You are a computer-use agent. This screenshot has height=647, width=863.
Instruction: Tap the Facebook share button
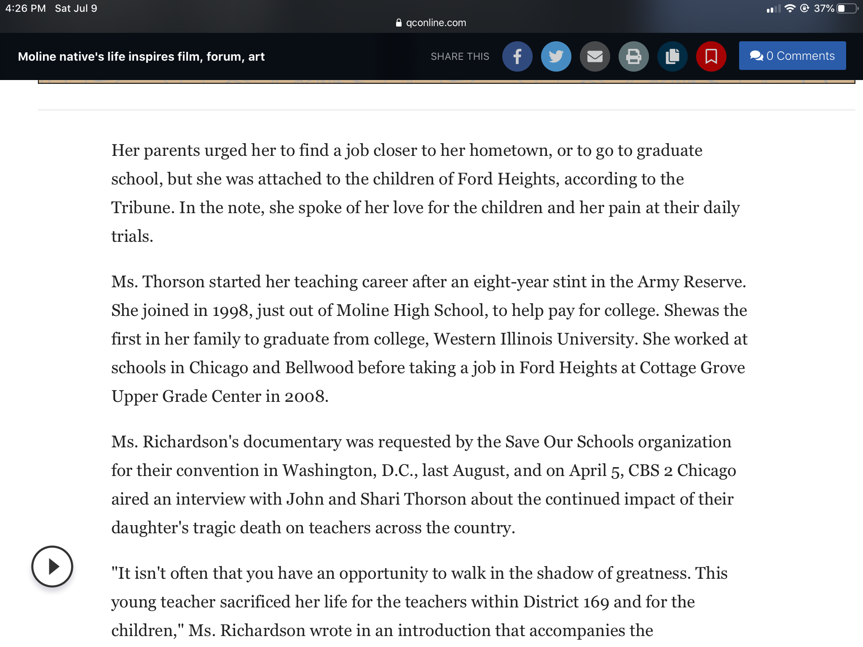(517, 56)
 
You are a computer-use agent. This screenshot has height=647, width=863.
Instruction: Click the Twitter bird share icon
(556, 56)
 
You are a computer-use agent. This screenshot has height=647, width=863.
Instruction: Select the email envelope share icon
(595, 56)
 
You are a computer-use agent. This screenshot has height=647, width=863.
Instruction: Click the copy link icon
(672, 56)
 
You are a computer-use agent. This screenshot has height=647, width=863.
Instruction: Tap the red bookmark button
(711, 56)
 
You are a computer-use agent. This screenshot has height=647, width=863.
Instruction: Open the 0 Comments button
(792, 56)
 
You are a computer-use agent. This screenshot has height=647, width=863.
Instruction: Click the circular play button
(52, 567)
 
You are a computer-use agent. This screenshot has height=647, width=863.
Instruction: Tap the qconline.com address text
(436, 23)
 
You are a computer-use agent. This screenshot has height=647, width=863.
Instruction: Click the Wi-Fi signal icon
(790, 8)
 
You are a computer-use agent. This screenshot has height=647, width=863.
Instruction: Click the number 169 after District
(596, 602)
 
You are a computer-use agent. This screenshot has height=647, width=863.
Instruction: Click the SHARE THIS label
(460, 56)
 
